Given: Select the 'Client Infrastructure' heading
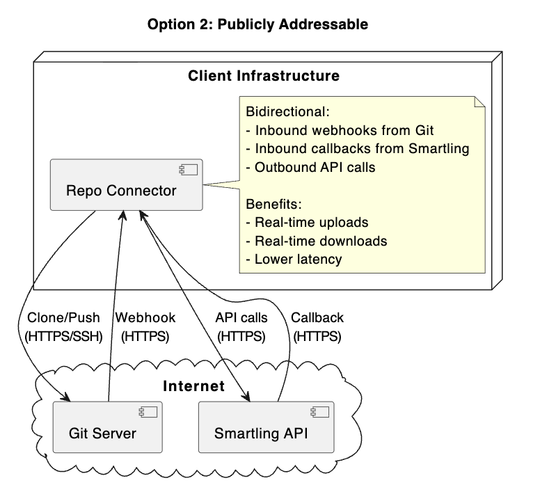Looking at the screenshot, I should pos(264,75).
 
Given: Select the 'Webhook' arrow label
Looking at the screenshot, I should pos(145,318).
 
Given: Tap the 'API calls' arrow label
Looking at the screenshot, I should pos(241,318).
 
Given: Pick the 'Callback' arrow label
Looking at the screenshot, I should pos(317,318).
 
